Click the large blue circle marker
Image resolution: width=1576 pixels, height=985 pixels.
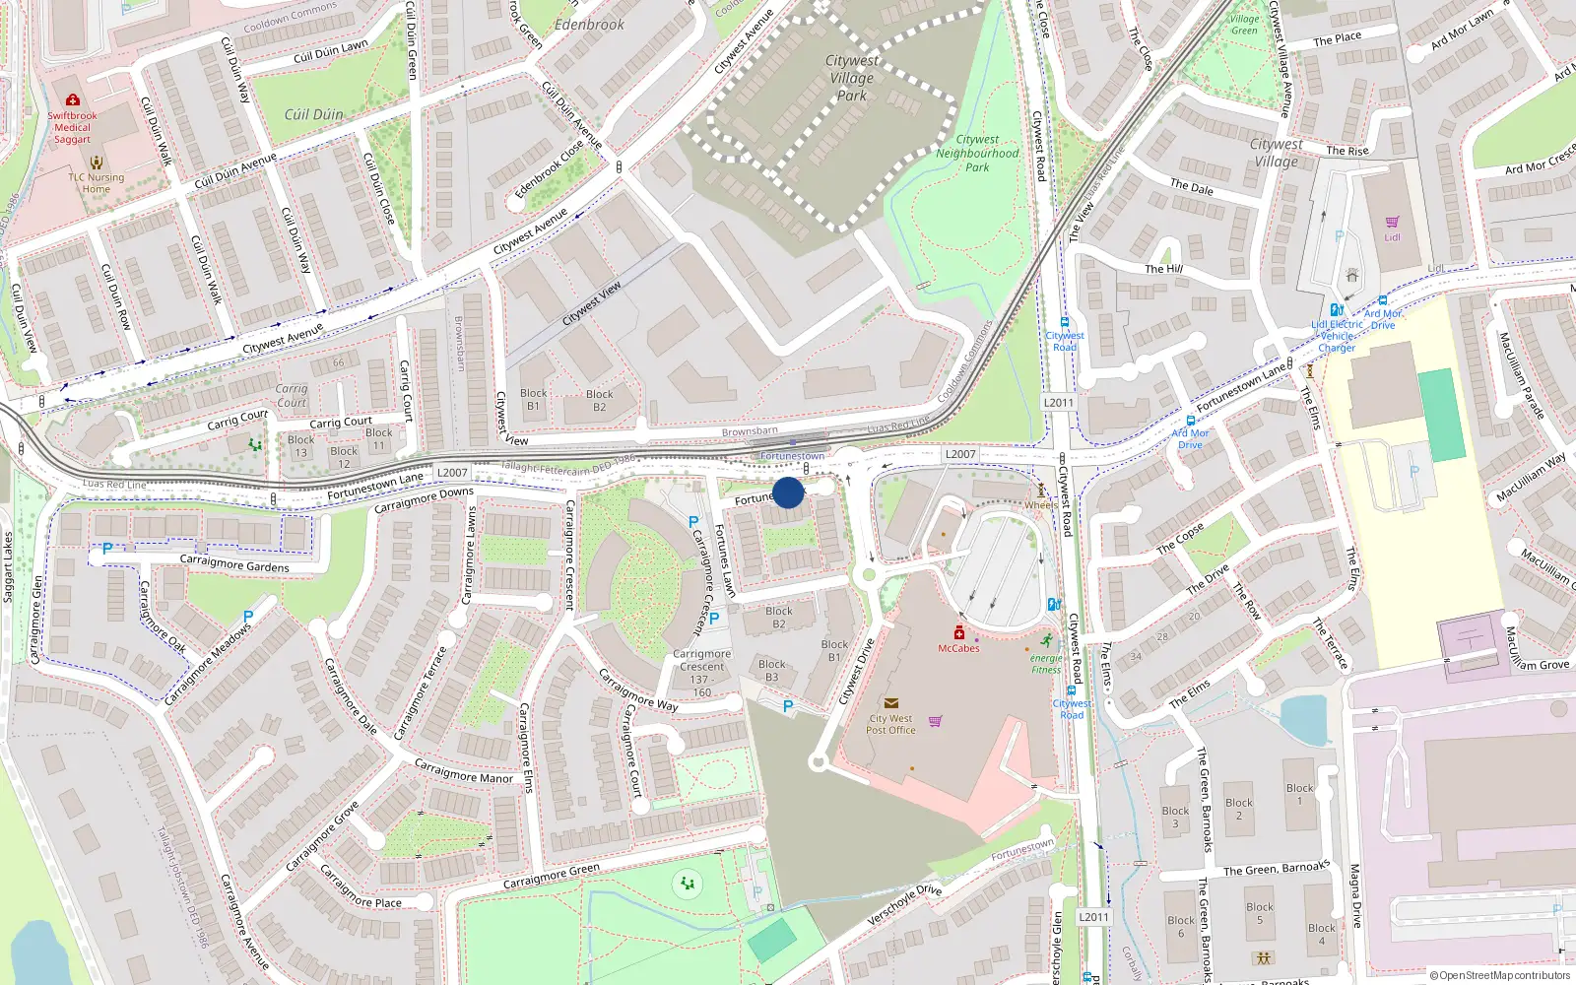(788, 492)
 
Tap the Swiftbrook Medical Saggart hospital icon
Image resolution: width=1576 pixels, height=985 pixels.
(73, 100)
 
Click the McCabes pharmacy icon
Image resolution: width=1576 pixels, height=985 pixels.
(958, 633)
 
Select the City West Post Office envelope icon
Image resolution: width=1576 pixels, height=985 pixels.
(890, 703)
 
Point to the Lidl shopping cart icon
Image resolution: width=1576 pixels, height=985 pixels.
(1392, 223)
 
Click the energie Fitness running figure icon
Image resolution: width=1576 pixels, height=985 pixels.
(1046, 642)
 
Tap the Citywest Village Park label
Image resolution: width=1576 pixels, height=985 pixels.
(852, 78)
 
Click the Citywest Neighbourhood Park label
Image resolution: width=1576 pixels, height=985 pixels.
(977, 154)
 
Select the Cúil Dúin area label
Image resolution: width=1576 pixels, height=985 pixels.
(314, 114)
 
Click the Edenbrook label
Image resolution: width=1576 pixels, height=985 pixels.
(589, 25)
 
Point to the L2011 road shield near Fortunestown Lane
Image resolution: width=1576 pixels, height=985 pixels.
(1059, 402)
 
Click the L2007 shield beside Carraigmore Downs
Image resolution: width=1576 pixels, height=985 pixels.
(452, 473)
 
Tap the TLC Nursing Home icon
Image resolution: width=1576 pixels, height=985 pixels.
(97, 163)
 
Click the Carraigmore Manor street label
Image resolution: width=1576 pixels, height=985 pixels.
(463, 771)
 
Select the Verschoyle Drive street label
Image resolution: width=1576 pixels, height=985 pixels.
(904, 904)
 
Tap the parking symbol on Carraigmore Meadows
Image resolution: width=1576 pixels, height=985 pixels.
(248, 617)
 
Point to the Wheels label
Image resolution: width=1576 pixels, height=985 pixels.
(1041, 504)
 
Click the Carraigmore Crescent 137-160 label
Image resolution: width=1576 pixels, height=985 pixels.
(702, 673)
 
